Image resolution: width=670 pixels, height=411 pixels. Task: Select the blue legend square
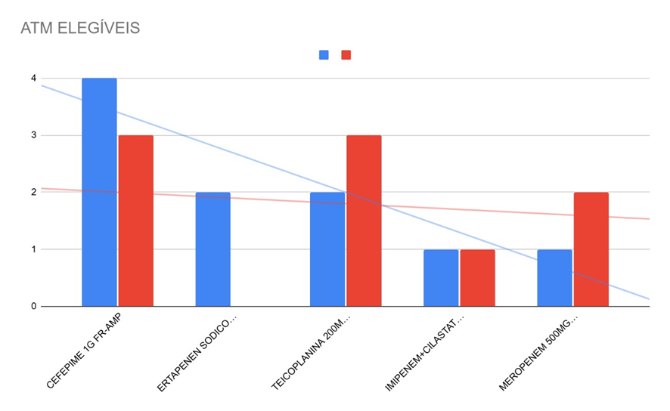(x=324, y=55)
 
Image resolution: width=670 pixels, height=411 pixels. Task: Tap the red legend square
(x=346, y=55)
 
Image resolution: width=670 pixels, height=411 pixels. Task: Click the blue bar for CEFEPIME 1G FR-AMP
(x=99, y=193)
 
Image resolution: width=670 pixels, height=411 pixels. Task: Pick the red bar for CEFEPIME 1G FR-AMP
(x=136, y=221)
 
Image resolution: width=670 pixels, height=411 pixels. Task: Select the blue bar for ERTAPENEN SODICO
(x=212, y=249)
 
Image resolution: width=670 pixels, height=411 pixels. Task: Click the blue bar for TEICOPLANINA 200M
(x=327, y=249)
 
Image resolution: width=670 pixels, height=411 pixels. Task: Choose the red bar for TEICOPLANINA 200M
(x=364, y=221)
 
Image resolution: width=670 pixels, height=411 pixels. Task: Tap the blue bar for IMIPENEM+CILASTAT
(x=441, y=278)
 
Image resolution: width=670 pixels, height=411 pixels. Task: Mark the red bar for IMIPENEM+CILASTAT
(x=477, y=278)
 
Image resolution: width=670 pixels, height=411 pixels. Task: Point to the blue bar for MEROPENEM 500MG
(x=554, y=278)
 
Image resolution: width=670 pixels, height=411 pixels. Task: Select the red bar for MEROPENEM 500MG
(x=591, y=249)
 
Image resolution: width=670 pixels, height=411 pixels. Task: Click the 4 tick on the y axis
(x=33, y=79)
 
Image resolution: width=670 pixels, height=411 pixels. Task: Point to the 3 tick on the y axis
(x=33, y=136)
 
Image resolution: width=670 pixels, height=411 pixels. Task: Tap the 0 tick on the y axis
(x=33, y=307)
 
